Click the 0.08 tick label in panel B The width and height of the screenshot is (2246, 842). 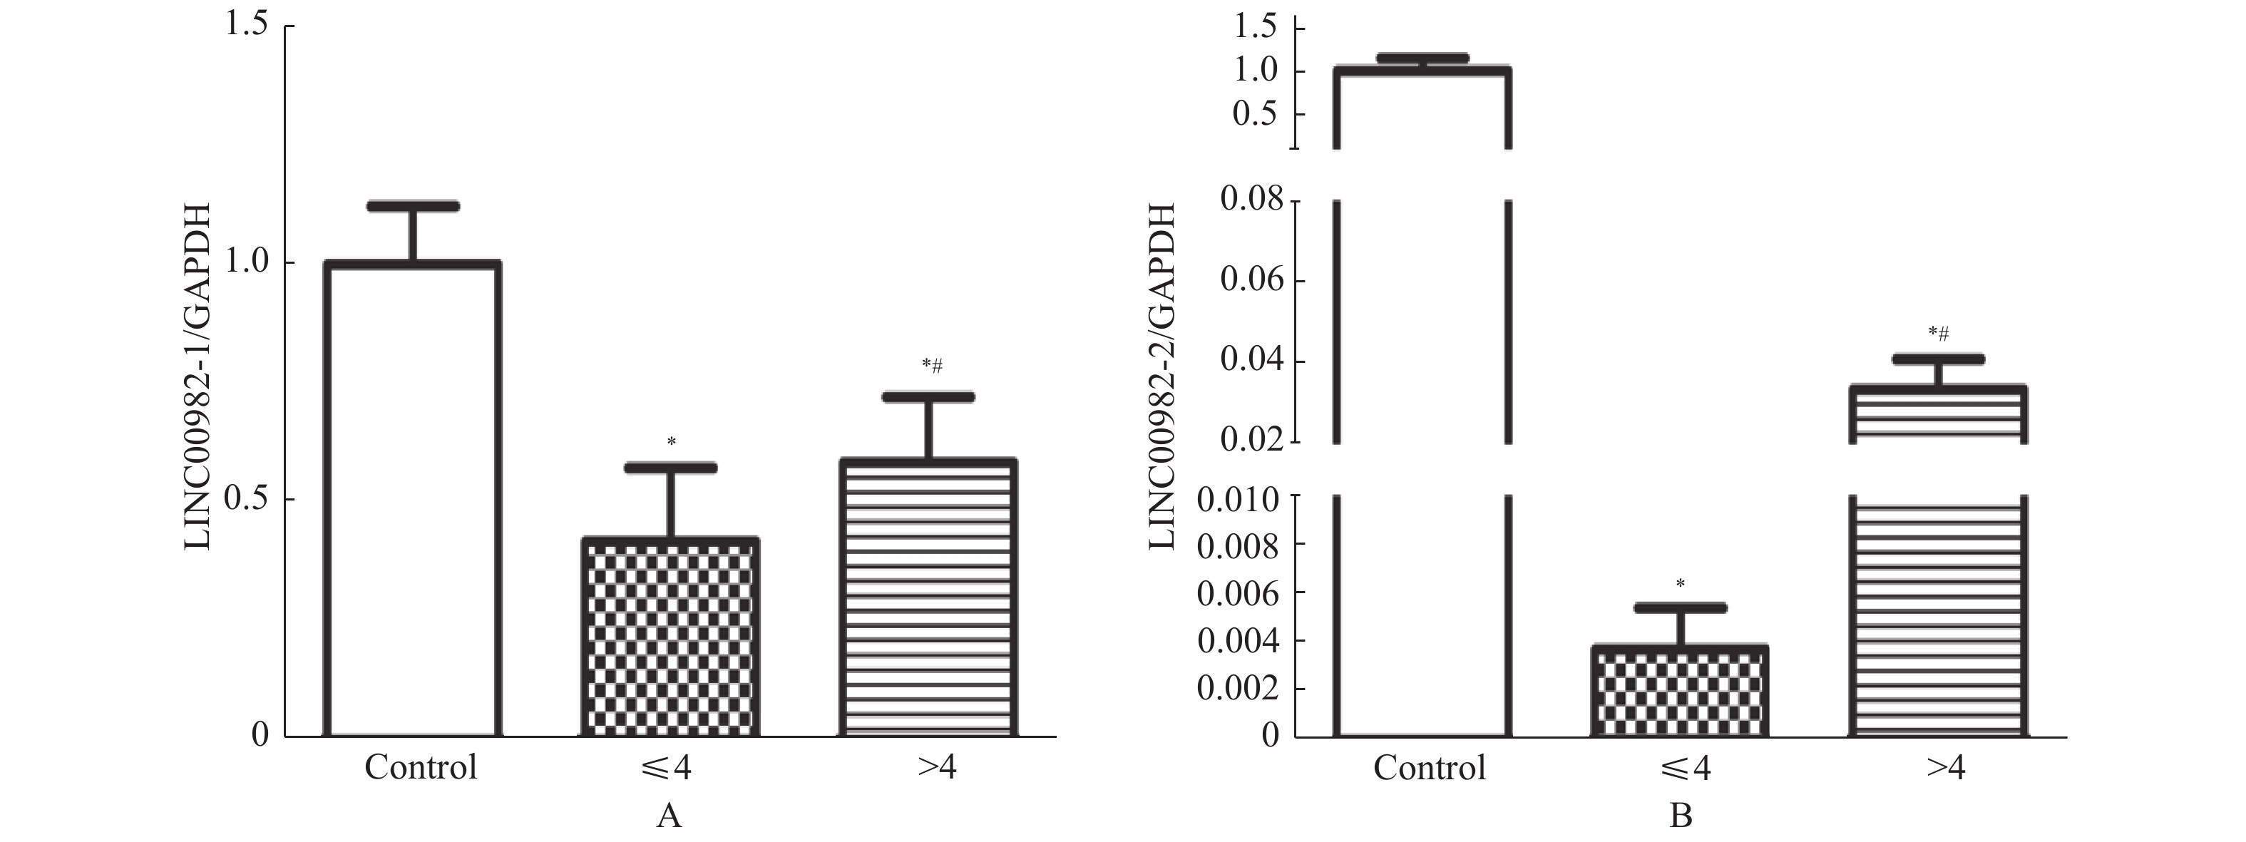click(1252, 200)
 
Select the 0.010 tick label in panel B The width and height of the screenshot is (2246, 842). click(1238, 500)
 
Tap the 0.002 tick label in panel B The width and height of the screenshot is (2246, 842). click(1238, 689)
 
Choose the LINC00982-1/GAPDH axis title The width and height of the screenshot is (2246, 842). click(199, 376)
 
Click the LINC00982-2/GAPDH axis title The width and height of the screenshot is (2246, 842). click(1162, 376)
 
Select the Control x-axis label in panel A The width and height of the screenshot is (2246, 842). click(421, 768)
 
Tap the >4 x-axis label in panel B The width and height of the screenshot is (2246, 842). click(1945, 768)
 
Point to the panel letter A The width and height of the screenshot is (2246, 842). click(669, 816)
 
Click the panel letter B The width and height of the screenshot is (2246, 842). click(1680, 816)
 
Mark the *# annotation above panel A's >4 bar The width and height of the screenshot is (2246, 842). click(932, 365)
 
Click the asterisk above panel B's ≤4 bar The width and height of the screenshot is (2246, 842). click(1680, 583)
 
